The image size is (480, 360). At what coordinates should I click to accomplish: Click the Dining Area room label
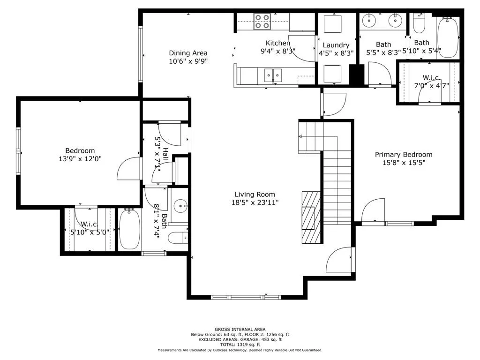(188, 53)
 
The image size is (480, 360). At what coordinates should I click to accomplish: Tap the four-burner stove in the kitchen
(262, 22)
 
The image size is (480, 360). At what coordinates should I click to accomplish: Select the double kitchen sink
(273, 75)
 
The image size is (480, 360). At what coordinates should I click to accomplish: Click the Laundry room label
(336, 45)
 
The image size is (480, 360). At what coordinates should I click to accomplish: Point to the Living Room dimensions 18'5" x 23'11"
(255, 202)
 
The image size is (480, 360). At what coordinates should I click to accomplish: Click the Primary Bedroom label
(404, 155)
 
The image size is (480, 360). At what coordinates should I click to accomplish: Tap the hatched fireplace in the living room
(311, 217)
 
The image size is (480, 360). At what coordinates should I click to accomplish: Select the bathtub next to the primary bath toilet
(448, 37)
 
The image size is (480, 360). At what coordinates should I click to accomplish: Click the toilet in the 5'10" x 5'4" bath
(419, 24)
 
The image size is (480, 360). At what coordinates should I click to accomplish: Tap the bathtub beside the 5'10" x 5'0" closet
(130, 229)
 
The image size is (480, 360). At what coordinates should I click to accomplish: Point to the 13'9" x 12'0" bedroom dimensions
(80, 159)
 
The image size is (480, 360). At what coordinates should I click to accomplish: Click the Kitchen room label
(277, 43)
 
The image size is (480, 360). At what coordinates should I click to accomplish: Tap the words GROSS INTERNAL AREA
(240, 330)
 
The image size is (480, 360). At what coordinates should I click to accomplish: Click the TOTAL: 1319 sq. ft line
(240, 345)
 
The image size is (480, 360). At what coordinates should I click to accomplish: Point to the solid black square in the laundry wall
(356, 75)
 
